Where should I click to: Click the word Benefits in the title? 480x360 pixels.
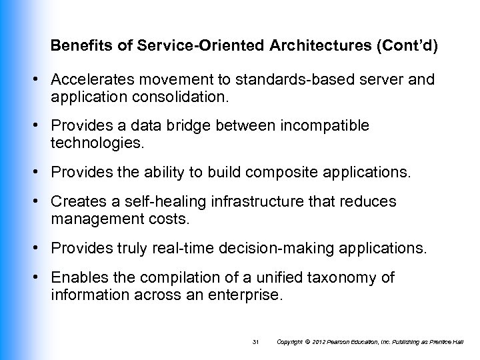tap(74, 49)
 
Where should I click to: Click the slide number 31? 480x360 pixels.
tap(255, 342)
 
